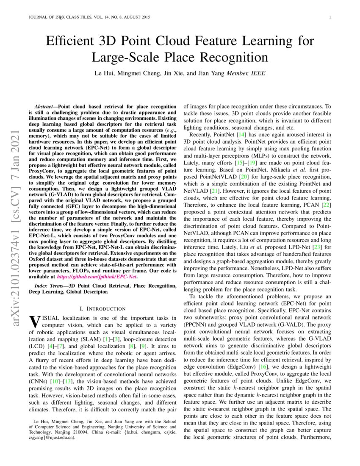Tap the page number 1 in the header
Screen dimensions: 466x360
point(330,17)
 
